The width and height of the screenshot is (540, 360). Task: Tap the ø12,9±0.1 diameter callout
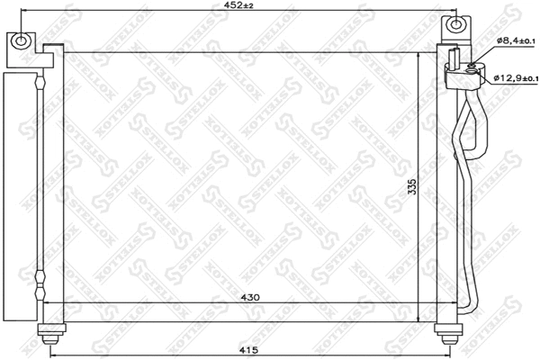515,78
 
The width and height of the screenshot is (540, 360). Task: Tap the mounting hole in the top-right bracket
455,25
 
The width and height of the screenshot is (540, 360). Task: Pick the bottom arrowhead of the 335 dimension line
419,319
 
